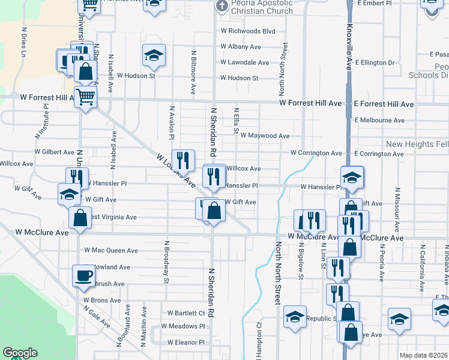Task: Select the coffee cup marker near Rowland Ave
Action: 83,276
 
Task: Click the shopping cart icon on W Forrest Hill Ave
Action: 86,95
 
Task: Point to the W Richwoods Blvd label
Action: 247,31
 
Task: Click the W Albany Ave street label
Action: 240,46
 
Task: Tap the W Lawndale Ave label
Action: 244,62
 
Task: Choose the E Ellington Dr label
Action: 375,62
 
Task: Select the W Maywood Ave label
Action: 265,136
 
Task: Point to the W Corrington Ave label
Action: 316,153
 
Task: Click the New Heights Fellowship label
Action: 417,145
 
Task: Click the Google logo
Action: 20,353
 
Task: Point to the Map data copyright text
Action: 423,355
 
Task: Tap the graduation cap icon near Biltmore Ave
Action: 154,56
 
